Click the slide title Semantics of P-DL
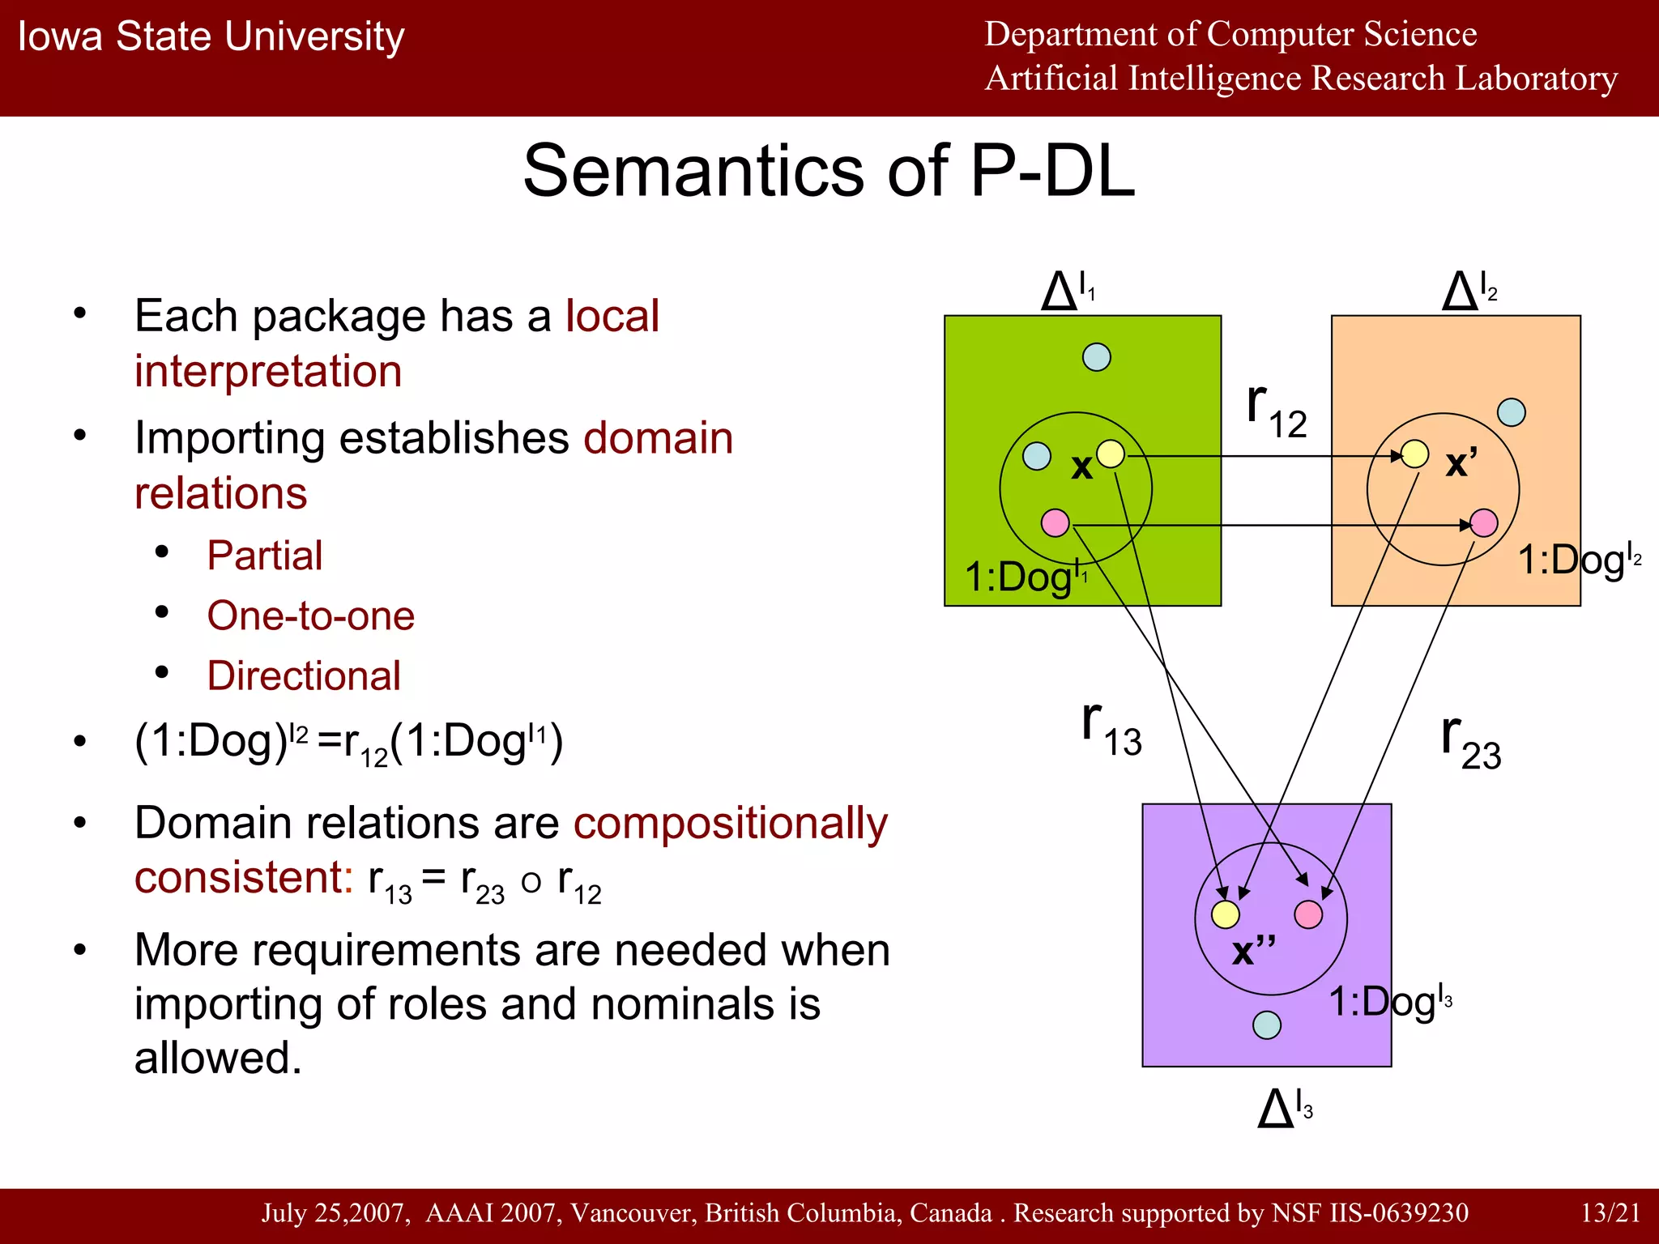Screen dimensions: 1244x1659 (829, 171)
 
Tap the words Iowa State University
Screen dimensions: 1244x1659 (211, 36)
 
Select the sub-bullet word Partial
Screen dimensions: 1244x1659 (264, 556)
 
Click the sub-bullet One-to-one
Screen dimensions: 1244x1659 (310, 616)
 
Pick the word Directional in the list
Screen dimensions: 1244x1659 (304, 675)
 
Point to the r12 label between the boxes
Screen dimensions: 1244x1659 (1277, 411)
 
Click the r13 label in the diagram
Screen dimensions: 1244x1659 (1111, 729)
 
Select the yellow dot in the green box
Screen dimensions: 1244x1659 (1111, 454)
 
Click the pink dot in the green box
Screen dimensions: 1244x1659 (1055, 522)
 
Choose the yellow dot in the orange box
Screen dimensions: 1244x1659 (1414, 454)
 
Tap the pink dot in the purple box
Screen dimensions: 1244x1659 (1308, 914)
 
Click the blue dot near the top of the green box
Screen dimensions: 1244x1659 (1097, 356)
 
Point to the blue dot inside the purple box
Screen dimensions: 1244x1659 (1267, 1025)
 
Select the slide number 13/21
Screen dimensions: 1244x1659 (1610, 1212)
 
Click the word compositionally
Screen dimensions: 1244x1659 (731, 823)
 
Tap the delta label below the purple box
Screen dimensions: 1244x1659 (1285, 1108)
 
